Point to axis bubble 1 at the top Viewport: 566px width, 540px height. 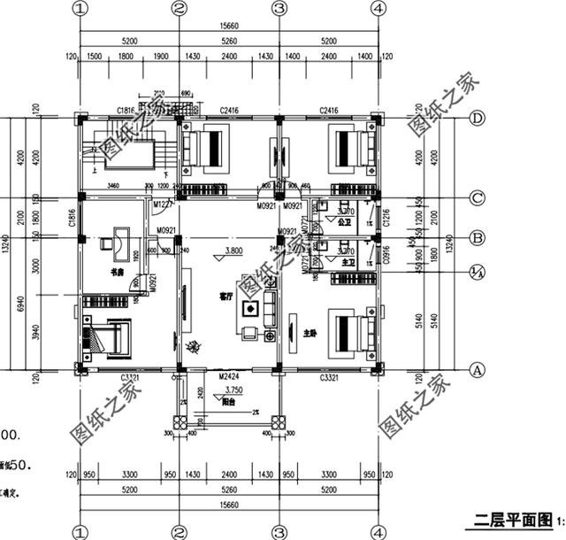80,9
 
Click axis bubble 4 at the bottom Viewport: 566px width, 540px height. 379,532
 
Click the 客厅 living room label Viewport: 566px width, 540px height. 225,298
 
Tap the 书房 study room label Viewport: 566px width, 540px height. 116,272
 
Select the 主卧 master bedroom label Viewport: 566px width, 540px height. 310,334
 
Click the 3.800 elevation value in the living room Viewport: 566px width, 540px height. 233,251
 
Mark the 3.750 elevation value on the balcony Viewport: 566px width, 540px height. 233,389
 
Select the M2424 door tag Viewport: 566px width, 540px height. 231,376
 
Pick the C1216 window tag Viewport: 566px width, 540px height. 386,217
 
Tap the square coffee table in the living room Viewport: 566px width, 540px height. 250,310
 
